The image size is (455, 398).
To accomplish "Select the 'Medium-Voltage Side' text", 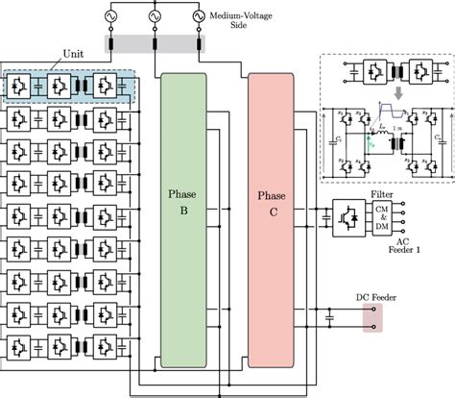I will pyautogui.click(x=235, y=21).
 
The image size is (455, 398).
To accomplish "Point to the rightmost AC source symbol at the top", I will pyautogui.click(x=201, y=16).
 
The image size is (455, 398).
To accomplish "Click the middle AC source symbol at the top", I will pyautogui.click(x=155, y=16).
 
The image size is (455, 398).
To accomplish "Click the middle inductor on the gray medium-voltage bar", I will pyautogui.click(x=155, y=43).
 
